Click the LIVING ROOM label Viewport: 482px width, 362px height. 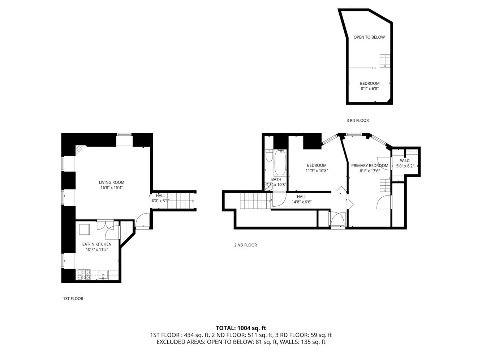click(x=112, y=182)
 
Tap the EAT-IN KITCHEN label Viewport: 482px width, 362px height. click(x=96, y=244)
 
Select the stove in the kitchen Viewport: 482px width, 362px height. click(x=83, y=275)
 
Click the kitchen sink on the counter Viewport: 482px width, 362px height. click(x=104, y=275)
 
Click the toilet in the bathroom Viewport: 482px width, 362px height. click(x=268, y=156)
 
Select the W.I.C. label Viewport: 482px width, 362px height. click(x=404, y=161)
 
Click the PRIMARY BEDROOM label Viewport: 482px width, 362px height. click(x=370, y=166)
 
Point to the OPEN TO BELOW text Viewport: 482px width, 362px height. click(x=369, y=37)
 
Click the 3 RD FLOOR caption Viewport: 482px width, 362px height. click(x=357, y=121)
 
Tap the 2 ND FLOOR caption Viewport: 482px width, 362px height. click(x=245, y=245)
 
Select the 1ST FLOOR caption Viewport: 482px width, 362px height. click(x=73, y=299)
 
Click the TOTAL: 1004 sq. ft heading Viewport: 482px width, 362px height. click(x=241, y=328)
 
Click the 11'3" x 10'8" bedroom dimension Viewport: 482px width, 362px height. click(x=317, y=171)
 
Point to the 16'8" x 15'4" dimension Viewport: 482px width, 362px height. click(x=112, y=188)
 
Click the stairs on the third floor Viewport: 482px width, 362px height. click(x=385, y=60)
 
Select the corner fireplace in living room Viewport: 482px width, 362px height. click(x=79, y=150)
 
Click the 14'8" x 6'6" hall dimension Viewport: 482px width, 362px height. click(x=301, y=202)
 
